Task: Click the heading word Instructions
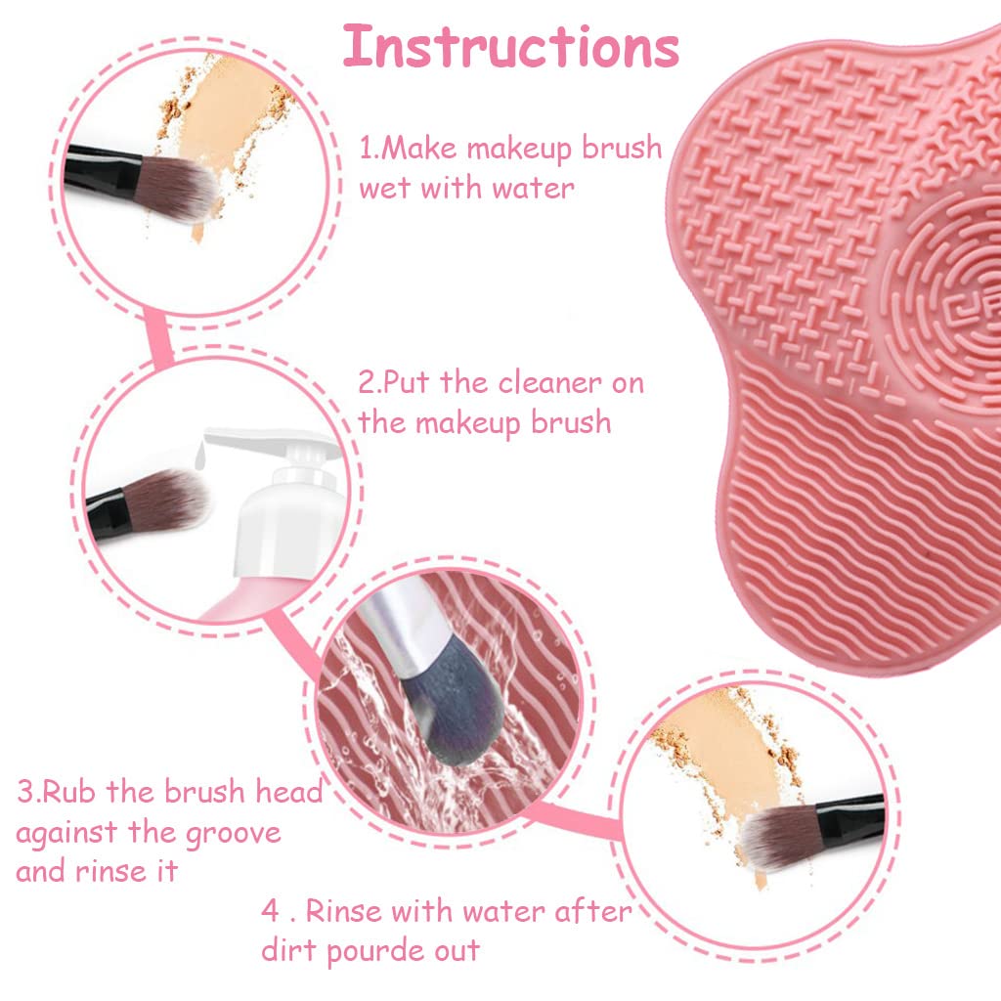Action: click(511, 47)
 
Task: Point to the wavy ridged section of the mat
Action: click(860, 508)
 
